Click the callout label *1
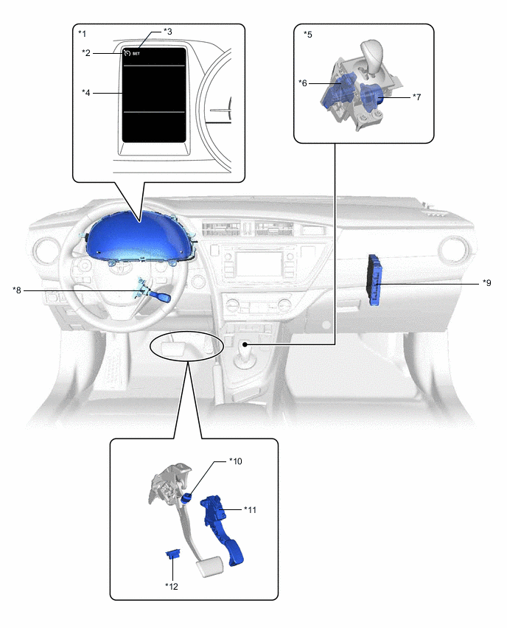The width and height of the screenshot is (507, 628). pos(82,33)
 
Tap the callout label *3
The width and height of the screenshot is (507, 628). pos(168,31)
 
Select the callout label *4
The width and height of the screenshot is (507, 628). pos(86,93)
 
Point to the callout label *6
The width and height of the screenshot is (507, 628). pos(303,83)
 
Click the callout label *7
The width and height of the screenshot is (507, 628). pos(417,97)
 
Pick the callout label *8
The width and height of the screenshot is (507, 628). pos(17,290)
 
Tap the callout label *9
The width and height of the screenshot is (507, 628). pos(487,283)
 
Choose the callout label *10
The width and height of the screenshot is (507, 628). pos(236,461)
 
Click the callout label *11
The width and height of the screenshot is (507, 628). pos(251,510)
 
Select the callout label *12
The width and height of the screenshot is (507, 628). pos(172,586)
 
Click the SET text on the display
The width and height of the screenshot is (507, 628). pos(136,54)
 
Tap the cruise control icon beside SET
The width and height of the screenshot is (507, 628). pos(127,53)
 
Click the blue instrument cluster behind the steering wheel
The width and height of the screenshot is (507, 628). pos(141,237)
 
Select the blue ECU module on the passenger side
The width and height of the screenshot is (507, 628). pos(375,280)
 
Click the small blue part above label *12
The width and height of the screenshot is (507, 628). pos(173,554)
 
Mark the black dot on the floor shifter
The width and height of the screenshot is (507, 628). pos(245,344)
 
